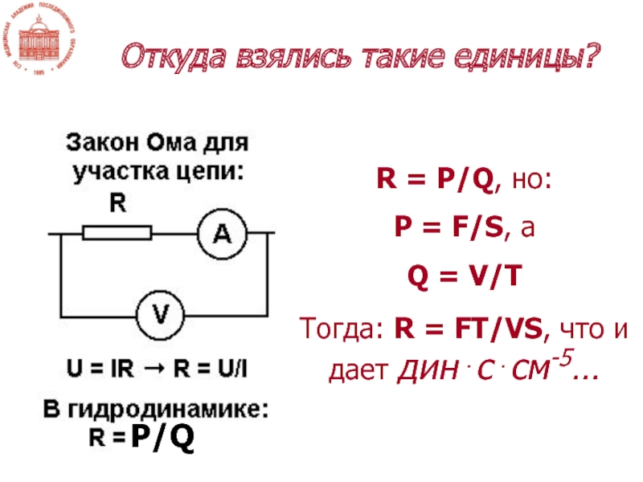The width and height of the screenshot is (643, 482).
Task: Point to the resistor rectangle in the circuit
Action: (x=117, y=233)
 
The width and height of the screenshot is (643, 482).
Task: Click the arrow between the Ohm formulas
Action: (x=154, y=370)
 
